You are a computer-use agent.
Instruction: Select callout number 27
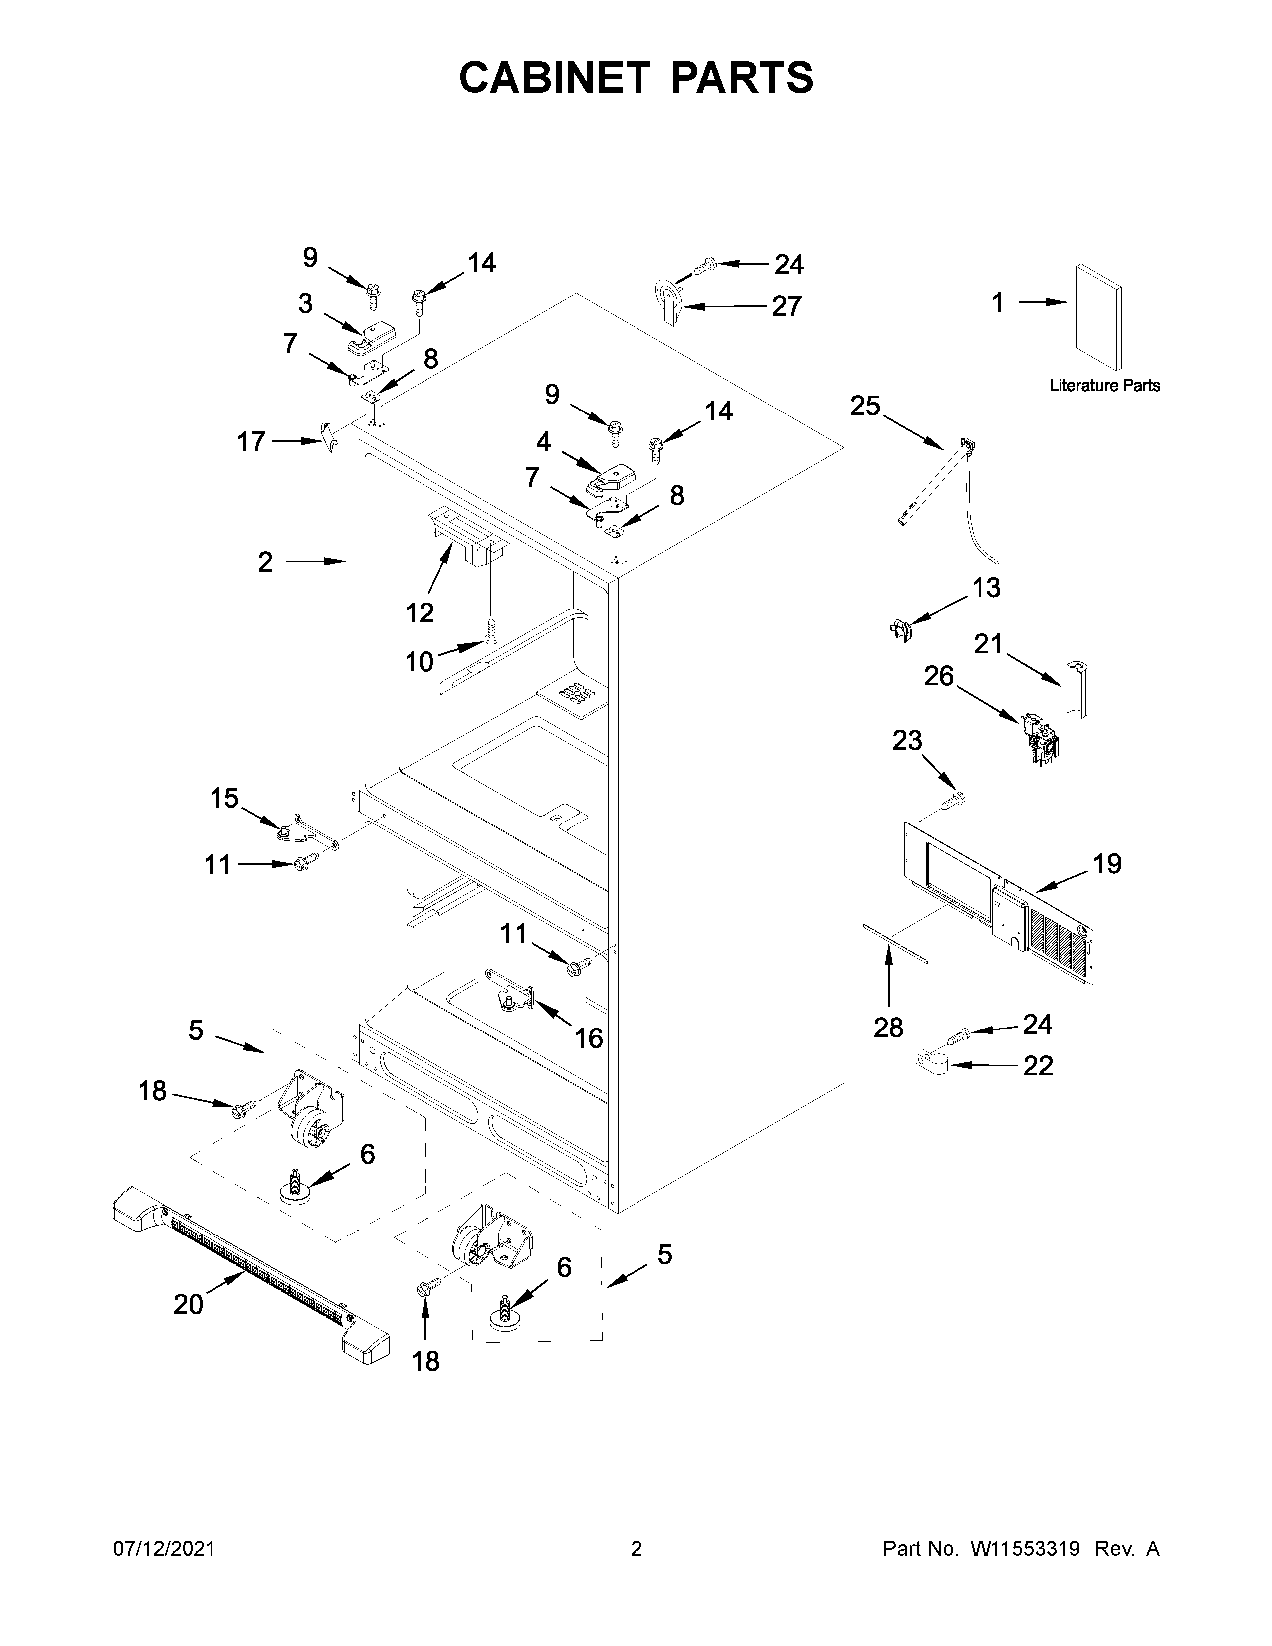click(x=786, y=306)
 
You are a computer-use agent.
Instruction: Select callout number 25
click(x=865, y=406)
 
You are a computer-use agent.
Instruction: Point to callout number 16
click(x=589, y=1038)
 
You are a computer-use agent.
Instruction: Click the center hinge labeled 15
click(x=305, y=831)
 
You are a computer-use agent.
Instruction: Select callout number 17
click(x=252, y=441)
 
